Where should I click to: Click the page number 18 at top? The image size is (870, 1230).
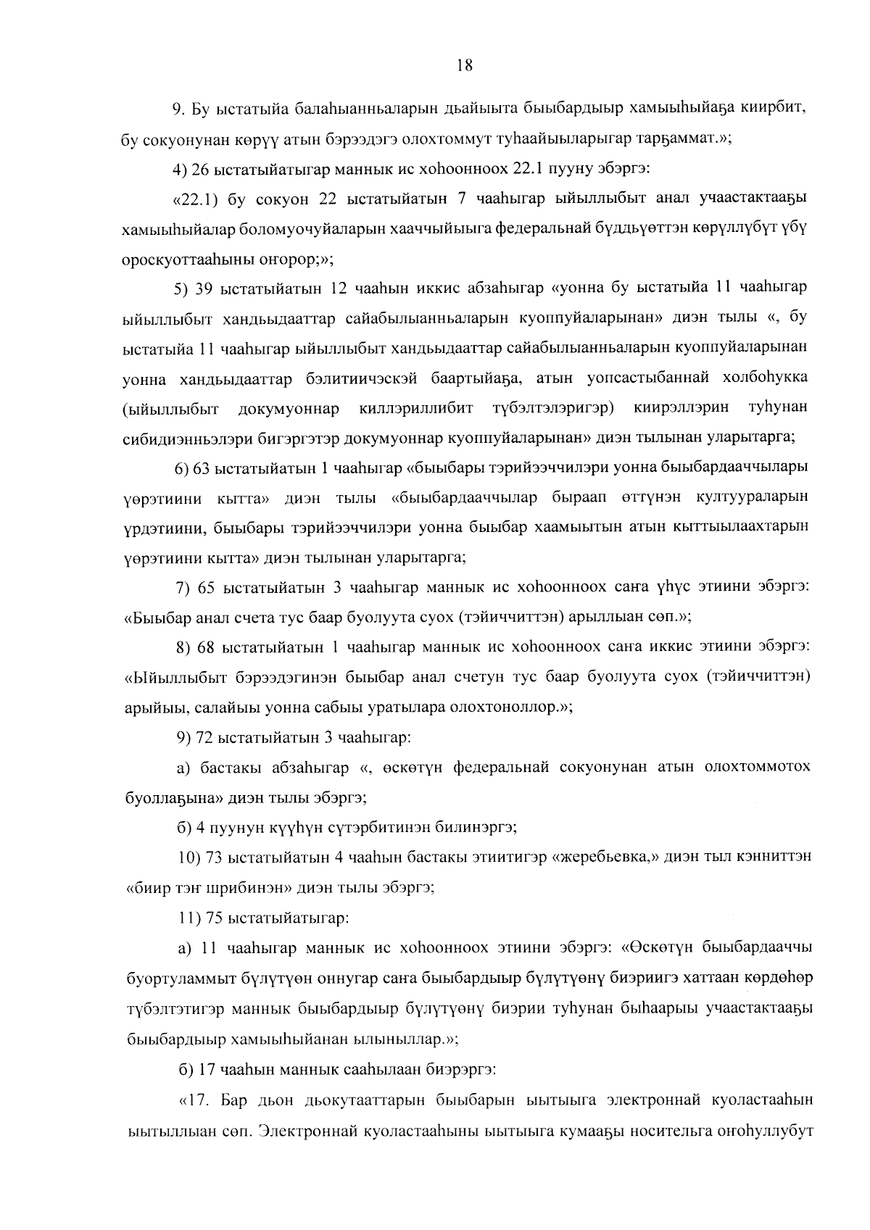[x=465, y=65]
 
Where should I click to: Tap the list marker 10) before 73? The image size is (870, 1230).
[x=190, y=857]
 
